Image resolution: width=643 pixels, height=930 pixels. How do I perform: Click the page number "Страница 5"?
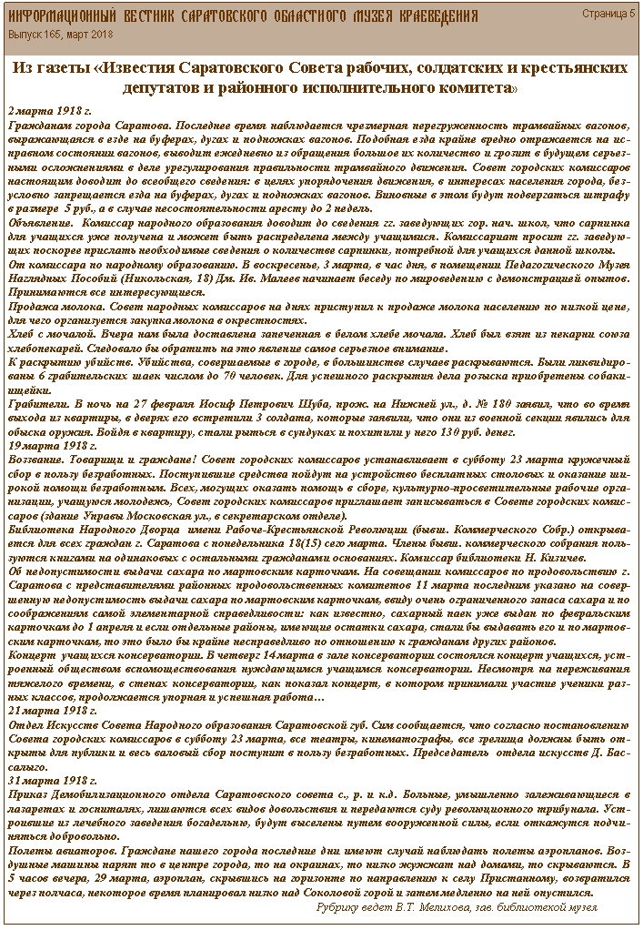click(608, 15)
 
